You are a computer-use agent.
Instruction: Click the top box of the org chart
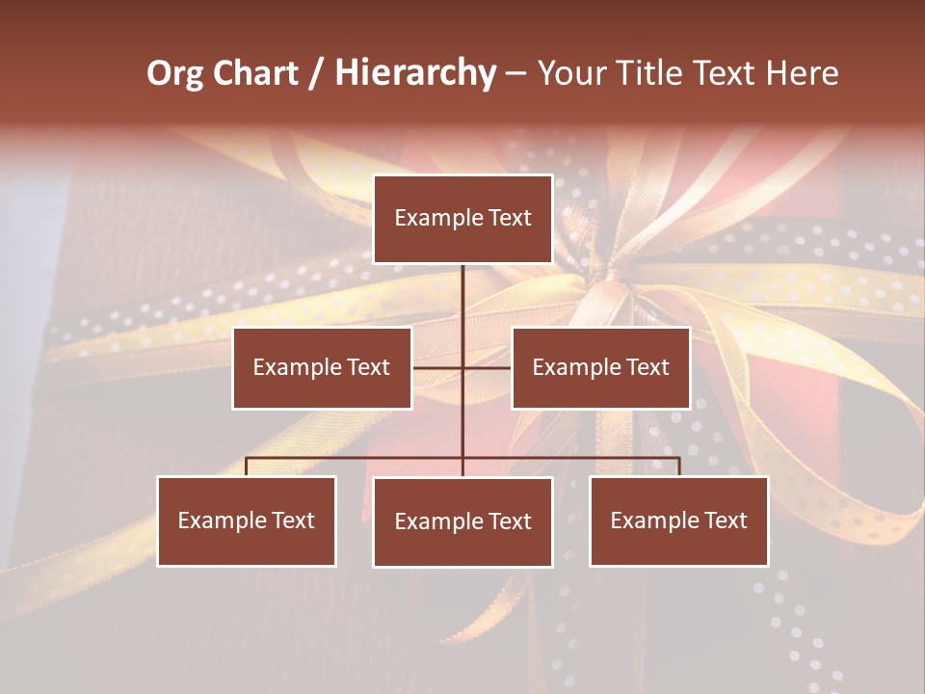click(462, 219)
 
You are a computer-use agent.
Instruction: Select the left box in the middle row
click(322, 367)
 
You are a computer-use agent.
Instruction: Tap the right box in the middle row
click(600, 367)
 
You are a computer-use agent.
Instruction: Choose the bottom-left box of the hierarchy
click(247, 520)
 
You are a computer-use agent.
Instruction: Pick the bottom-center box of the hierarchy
click(462, 521)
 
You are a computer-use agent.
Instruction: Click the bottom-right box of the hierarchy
click(679, 520)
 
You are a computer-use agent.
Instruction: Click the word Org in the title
click(174, 73)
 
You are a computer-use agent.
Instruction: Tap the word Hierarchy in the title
click(415, 73)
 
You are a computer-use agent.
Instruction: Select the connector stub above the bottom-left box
click(247, 467)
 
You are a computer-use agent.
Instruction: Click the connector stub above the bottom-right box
click(679, 467)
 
